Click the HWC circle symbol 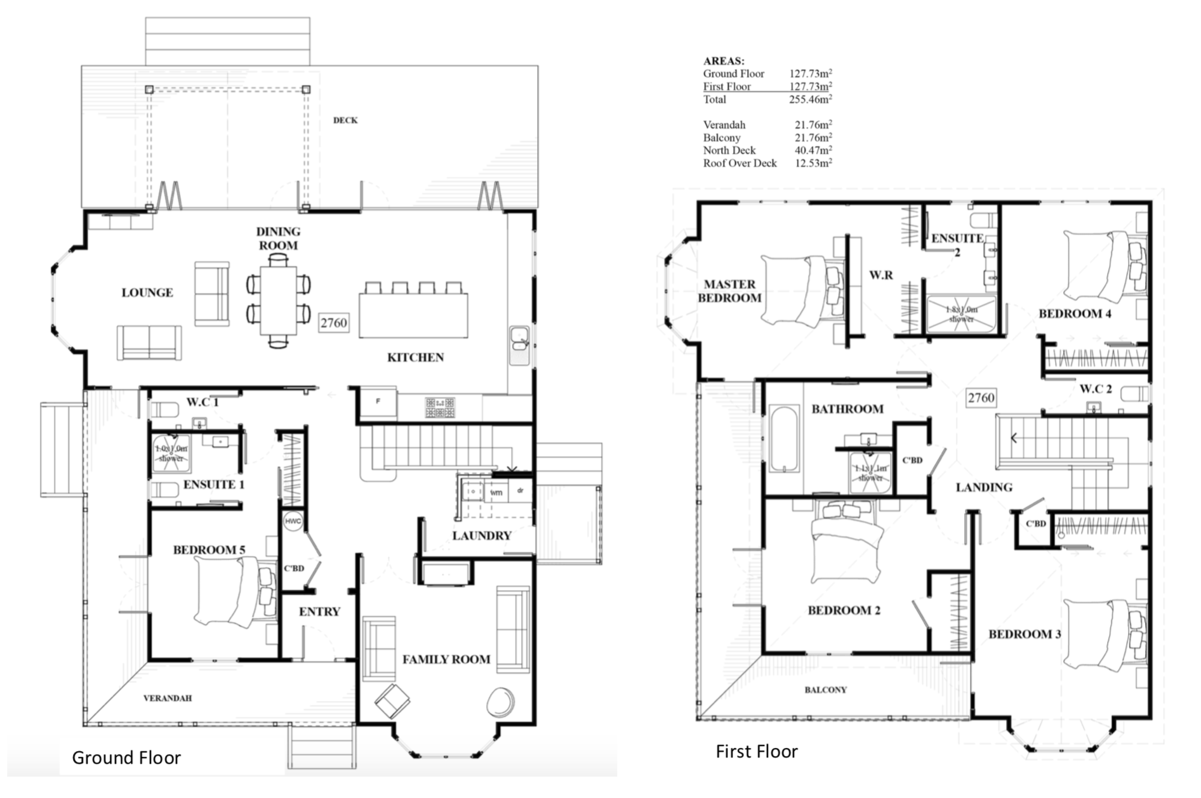point(293,521)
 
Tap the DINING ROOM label point(278,239)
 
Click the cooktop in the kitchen point(440,407)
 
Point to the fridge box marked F point(378,402)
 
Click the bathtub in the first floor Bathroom point(785,440)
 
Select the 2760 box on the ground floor point(333,323)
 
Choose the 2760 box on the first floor point(981,398)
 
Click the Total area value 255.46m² point(811,100)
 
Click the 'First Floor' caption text point(756,752)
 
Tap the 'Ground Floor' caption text point(126,757)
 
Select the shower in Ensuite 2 point(961,314)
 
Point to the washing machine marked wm point(496,492)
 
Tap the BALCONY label point(825,690)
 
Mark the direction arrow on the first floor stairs point(1014,438)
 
